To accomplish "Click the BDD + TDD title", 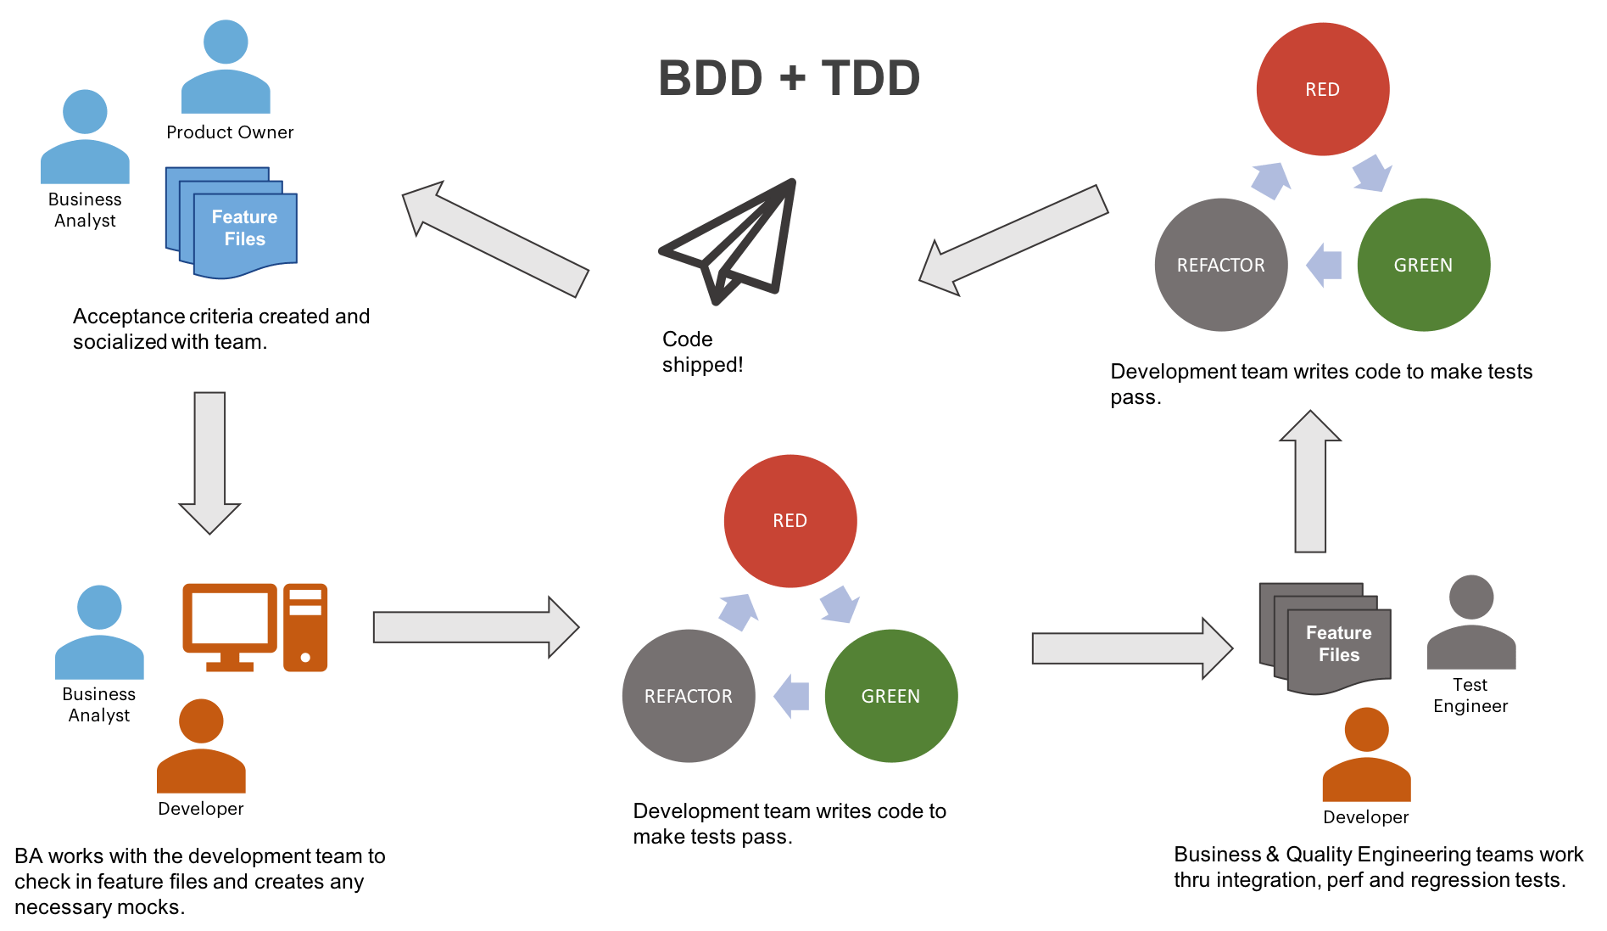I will click(790, 78).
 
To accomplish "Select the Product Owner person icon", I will click(226, 68).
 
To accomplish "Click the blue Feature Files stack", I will click(232, 223).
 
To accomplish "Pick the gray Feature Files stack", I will click(1326, 638).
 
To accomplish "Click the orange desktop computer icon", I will click(254, 627).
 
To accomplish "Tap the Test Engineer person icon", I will click(1471, 623).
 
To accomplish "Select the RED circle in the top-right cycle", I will click(1322, 89).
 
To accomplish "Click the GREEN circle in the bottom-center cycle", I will click(890, 696).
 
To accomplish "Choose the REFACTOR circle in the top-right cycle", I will click(1220, 265).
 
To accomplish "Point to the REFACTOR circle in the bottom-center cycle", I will click(688, 696).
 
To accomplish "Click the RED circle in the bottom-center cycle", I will click(790, 520).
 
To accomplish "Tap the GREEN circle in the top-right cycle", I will click(1423, 265).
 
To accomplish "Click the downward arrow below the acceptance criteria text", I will click(210, 462).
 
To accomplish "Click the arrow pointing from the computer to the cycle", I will click(476, 627).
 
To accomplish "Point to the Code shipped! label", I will click(701, 352).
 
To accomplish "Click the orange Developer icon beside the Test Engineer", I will click(1366, 756).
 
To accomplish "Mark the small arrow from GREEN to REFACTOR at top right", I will click(1324, 265).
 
